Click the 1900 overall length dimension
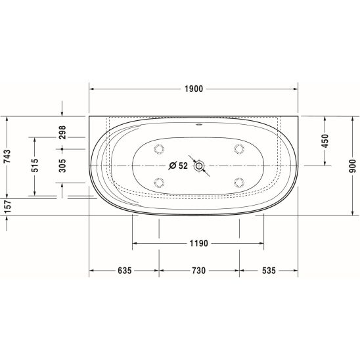tap(194, 89)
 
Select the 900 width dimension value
tap(352, 166)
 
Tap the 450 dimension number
tap(325, 141)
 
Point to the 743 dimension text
tap(7, 156)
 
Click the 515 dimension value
tap(35, 166)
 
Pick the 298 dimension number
tap(62, 132)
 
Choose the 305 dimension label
tap(62, 166)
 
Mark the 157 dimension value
tap(7, 206)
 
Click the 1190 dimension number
tap(198, 243)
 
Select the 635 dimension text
tap(125, 271)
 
